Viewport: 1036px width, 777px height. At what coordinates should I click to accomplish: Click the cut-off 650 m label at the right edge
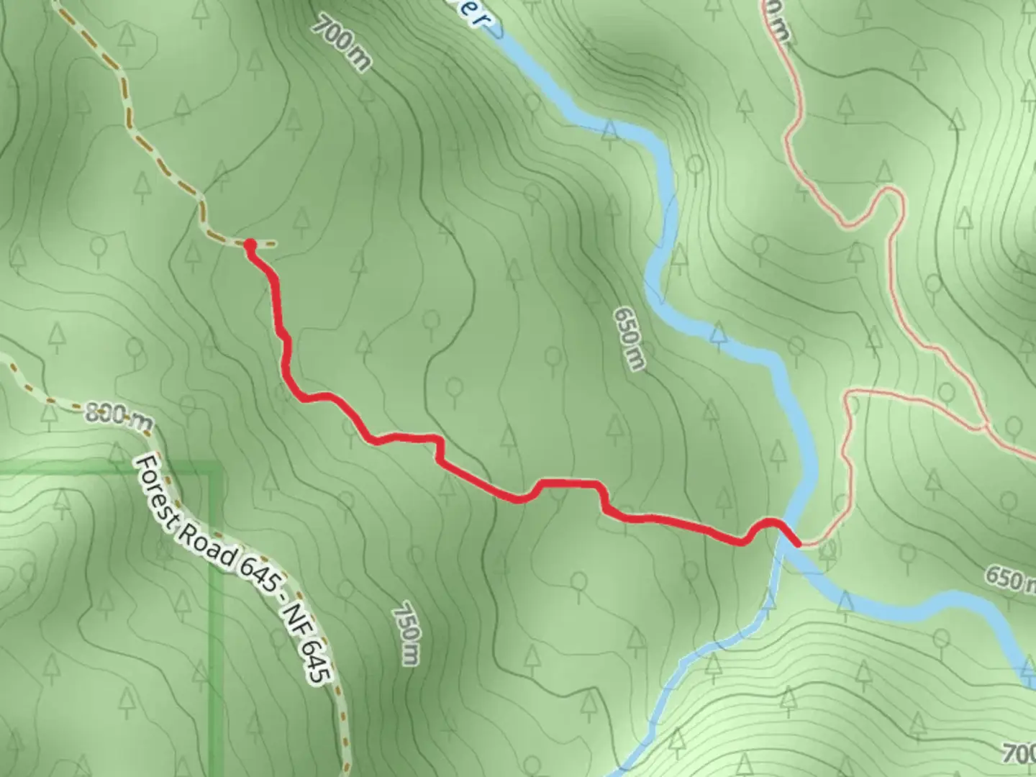pos(1011,577)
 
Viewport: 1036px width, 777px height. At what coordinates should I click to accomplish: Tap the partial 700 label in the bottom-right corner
pos(1020,754)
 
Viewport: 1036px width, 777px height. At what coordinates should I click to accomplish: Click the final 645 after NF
pos(317,662)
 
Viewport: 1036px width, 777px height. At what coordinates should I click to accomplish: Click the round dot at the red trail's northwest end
pos(250,245)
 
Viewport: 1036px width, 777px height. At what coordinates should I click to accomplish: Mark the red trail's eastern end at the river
pos(797,544)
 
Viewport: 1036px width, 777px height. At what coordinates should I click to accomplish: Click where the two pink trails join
pos(984,427)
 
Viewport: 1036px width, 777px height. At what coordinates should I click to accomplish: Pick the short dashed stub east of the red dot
pos(266,245)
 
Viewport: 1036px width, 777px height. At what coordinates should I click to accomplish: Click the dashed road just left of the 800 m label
pos(61,404)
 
